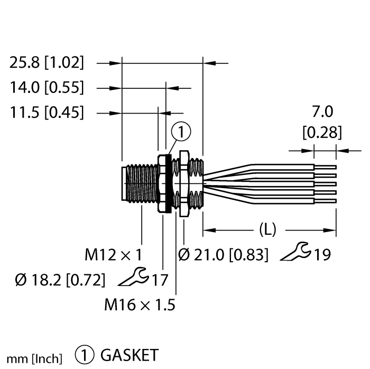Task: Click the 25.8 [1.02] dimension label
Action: point(47,62)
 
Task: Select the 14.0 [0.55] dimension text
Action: point(47,87)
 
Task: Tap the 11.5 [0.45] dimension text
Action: point(47,112)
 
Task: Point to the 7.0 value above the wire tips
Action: point(322,112)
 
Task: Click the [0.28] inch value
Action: point(322,132)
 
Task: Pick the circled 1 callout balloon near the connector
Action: point(181,132)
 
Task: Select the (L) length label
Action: point(267,229)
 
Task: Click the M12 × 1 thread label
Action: point(114,255)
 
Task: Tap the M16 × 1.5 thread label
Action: point(140,305)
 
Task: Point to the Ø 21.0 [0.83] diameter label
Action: point(223,255)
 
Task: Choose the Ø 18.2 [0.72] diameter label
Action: point(60,280)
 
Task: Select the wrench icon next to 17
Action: point(133,276)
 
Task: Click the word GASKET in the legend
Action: point(129,355)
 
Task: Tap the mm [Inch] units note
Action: point(34,359)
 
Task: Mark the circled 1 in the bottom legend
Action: point(85,355)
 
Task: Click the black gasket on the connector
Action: point(168,183)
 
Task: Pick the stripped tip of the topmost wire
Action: point(326,167)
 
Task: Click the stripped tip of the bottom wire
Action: point(326,201)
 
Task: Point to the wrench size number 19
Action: point(322,255)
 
